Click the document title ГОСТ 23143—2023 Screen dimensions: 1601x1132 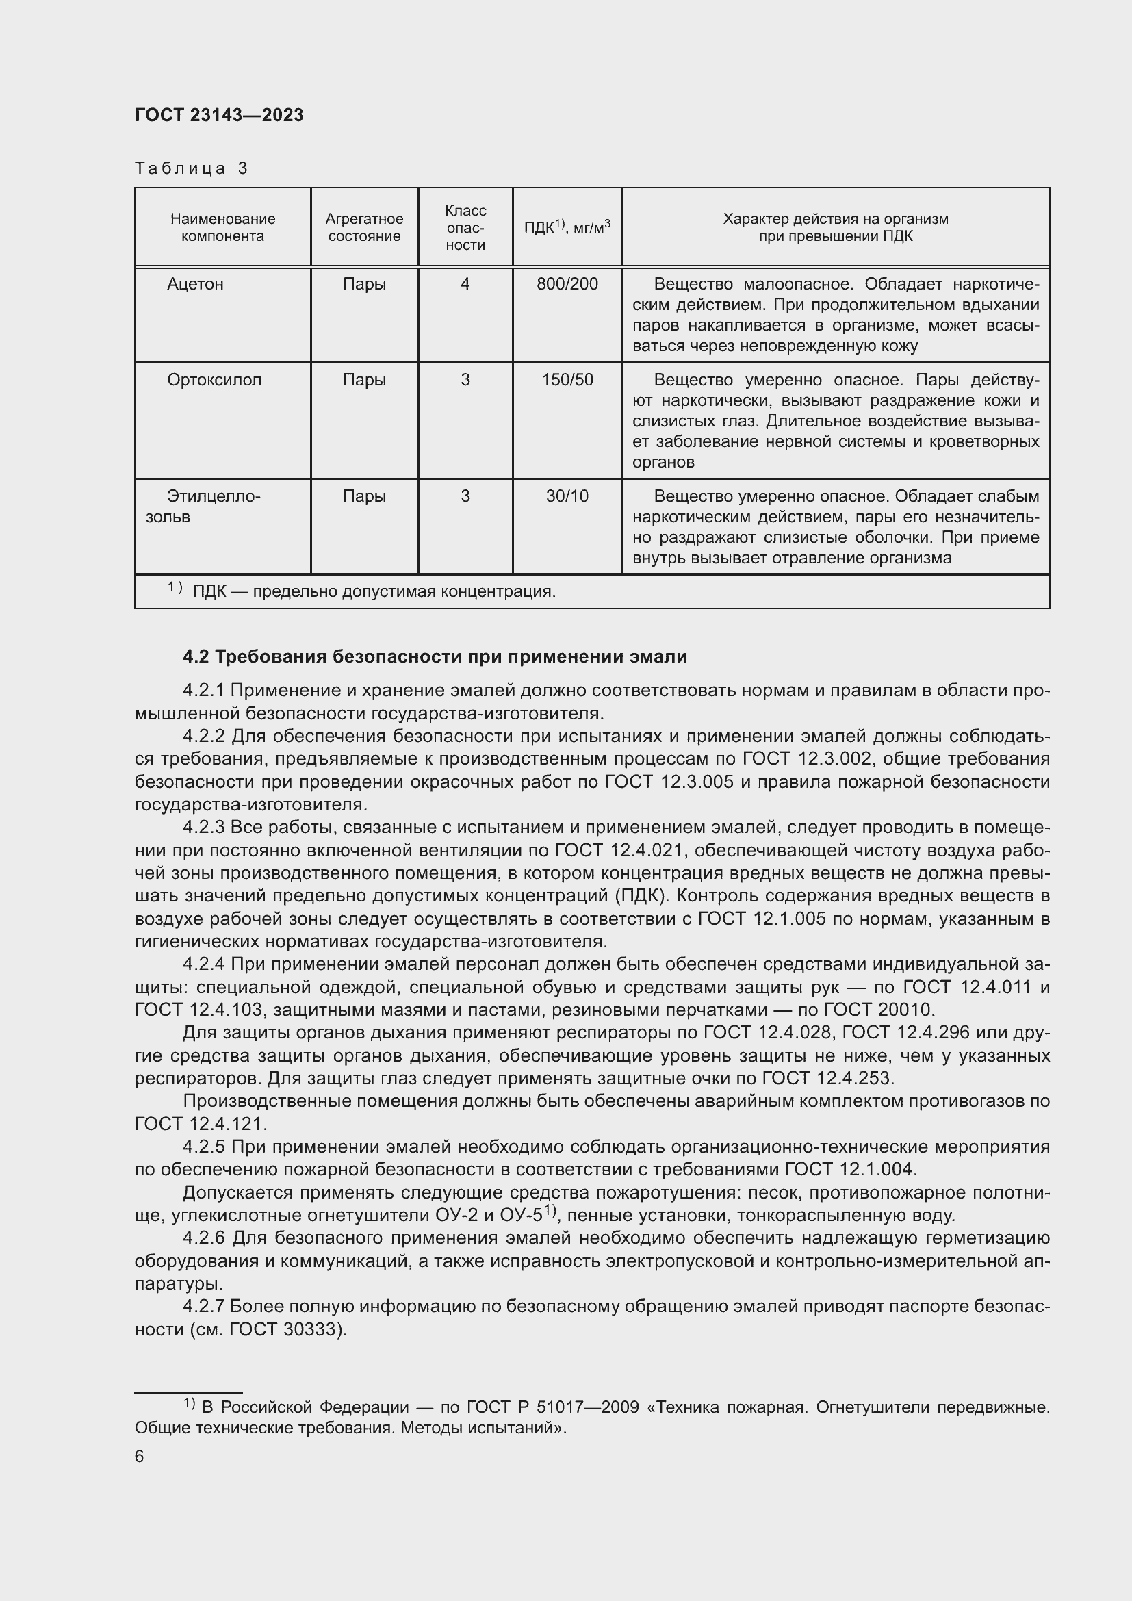(x=219, y=116)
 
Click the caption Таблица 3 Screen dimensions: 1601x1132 (x=191, y=169)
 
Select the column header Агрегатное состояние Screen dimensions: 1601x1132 (x=364, y=227)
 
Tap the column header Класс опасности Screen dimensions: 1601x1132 (x=465, y=227)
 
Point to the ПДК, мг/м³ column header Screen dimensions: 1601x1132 (x=567, y=227)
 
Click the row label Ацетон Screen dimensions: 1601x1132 (x=195, y=285)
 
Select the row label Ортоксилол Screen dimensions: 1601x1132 (x=214, y=380)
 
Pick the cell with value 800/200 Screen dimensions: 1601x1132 (x=567, y=285)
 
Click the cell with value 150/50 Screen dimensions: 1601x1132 (x=567, y=380)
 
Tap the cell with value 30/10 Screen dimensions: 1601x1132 (x=567, y=496)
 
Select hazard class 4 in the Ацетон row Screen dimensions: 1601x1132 (x=465, y=285)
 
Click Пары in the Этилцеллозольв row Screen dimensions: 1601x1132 (x=364, y=496)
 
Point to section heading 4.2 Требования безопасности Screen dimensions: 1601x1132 (x=435, y=657)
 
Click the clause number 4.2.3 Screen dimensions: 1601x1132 (x=203, y=828)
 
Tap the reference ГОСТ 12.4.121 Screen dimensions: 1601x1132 (x=199, y=1124)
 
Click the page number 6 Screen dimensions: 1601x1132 (x=140, y=1457)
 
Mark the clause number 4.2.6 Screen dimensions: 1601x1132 (x=203, y=1238)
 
